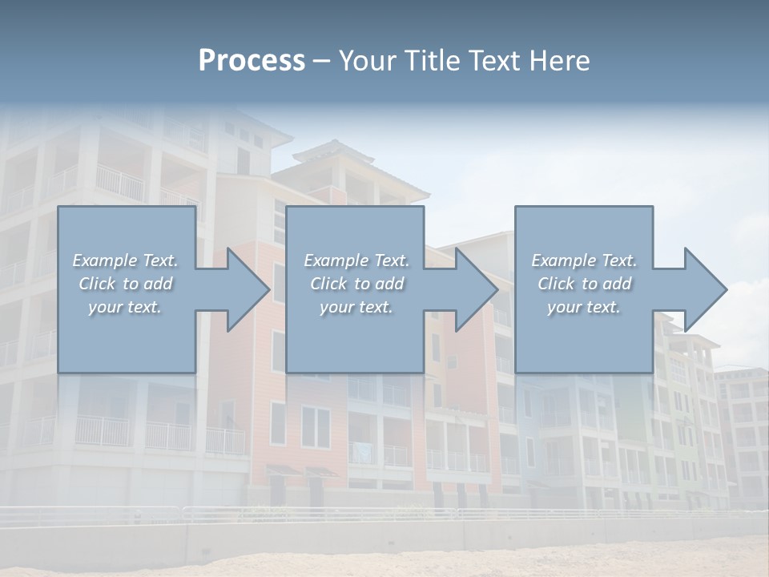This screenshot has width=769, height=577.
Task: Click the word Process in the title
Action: (x=252, y=61)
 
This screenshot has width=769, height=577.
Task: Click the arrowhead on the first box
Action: (x=244, y=289)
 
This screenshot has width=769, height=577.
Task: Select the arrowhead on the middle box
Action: (x=472, y=289)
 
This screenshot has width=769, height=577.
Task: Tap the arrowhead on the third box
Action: (x=701, y=289)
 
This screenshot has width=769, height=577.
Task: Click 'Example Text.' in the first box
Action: (x=125, y=260)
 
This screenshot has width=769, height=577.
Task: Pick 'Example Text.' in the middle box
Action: (x=356, y=260)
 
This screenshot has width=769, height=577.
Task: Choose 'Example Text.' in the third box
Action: (x=584, y=260)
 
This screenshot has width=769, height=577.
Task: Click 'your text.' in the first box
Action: (x=125, y=307)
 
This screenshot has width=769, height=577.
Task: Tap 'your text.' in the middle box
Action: (x=356, y=307)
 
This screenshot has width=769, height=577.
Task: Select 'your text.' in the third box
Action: (x=584, y=307)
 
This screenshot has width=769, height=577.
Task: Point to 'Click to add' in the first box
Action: (x=125, y=284)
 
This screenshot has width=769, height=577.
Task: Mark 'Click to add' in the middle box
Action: (x=356, y=284)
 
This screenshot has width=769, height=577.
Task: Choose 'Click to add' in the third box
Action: (x=584, y=284)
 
